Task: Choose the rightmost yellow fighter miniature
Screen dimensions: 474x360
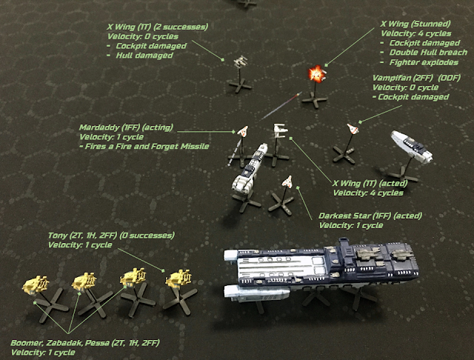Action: [178, 280]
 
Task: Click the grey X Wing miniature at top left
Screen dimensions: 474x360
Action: [239, 60]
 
